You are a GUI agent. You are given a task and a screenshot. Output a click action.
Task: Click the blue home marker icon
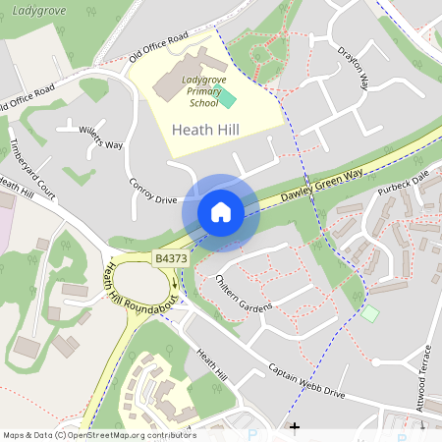pyautogui.click(x=221, y=212)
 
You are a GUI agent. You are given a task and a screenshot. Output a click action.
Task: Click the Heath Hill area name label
pyautogui.click(x=204, y=130)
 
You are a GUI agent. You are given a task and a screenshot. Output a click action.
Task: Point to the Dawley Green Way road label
pyautogui.click(x=322, y=184)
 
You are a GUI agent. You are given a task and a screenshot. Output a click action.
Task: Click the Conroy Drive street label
pyautogui.click(x=152, y=193)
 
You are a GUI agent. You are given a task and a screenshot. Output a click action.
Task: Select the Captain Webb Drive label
pyautogui.click(x=307, y=382)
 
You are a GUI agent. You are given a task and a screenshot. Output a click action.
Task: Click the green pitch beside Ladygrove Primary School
pyautogui.click(x=227, y=97)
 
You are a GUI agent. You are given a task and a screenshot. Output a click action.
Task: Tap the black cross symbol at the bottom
pyautogui.click(x=294, y=427)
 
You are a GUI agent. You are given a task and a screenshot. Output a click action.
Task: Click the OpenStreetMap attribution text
pyautogui.click(x=98, y=435)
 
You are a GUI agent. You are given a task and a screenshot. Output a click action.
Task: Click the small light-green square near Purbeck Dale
pyautogui.click(x=369, y=313)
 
